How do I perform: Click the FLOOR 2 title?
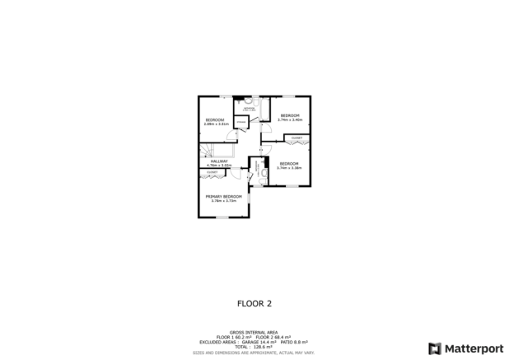[x=254, y=302]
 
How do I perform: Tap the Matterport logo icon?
[x=434, y=348]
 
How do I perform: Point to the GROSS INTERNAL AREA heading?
[x=254, y=333]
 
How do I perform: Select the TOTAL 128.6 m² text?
[x=254, y=347]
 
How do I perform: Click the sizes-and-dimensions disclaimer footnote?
[x=254, y=352]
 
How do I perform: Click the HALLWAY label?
[x=218, y=161]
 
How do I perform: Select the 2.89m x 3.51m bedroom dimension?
[x=216, y=124]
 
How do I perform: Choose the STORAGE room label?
[x=241, y=122]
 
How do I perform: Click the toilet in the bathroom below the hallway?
[x=264, y=174]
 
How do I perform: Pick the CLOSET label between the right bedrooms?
[x=297, y=138]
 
